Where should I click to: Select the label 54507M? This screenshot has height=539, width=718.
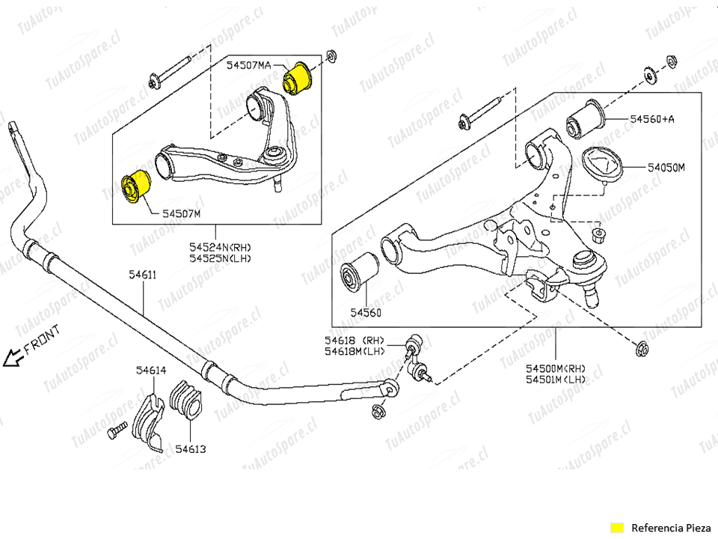coord(181,213)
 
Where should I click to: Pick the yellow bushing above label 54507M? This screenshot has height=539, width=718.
coord(136,186)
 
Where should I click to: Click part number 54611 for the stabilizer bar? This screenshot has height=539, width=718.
coord(142,275)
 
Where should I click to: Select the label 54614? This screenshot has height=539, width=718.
coord(151,370)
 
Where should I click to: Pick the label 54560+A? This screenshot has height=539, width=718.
coord(651,119)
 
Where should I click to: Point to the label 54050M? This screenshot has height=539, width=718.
coord(666,168)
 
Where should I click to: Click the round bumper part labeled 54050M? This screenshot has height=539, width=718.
coord(604,165)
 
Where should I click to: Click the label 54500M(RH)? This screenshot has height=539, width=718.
coord(555,368)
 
